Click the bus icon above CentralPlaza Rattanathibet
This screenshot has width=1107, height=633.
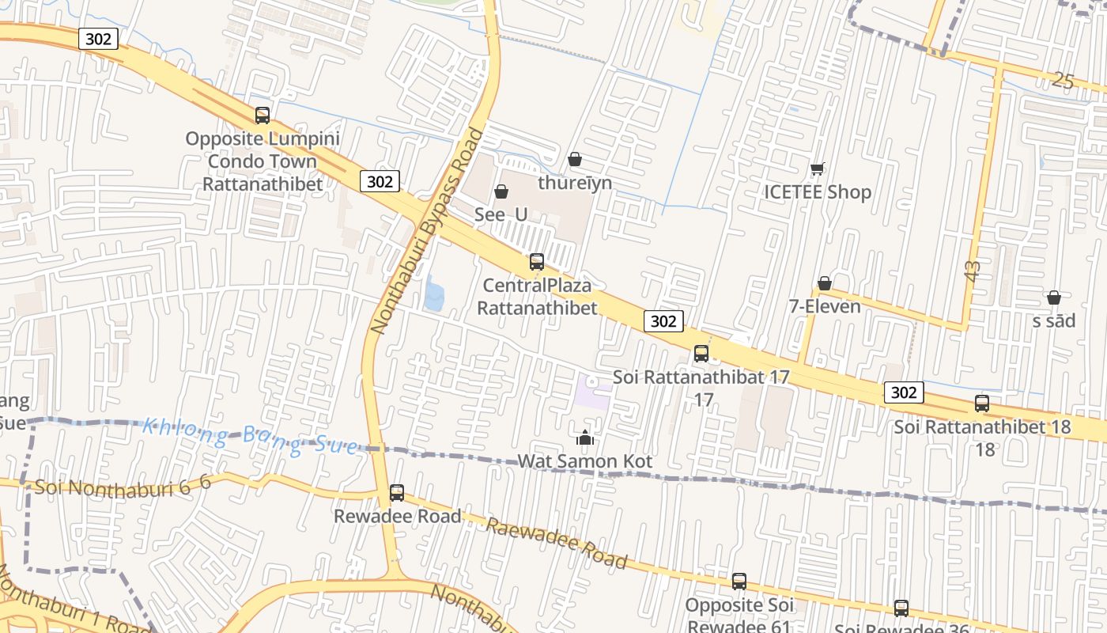537,262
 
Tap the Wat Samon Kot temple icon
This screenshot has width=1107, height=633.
585,438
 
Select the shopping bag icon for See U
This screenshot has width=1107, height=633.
501,191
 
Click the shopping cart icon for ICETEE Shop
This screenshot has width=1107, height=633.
818,169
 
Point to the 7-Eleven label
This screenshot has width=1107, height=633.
825,306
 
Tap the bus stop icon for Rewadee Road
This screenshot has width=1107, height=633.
397,493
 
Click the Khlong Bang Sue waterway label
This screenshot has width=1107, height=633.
249,438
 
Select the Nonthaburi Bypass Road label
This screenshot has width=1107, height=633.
427,231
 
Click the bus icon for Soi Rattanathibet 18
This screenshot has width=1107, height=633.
982,404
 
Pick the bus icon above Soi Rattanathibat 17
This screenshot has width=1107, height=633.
701,354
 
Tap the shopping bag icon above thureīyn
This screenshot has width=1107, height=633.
575,159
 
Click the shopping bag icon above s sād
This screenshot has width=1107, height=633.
1054,298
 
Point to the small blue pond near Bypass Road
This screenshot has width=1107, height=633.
433,294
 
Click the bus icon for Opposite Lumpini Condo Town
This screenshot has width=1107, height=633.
263,116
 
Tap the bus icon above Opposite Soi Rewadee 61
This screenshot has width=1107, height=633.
739,582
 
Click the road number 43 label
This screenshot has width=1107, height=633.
973,270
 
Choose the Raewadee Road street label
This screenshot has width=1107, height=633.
557,544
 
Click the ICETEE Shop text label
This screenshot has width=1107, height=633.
818,192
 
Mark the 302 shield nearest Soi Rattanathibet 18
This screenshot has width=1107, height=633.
903,392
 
